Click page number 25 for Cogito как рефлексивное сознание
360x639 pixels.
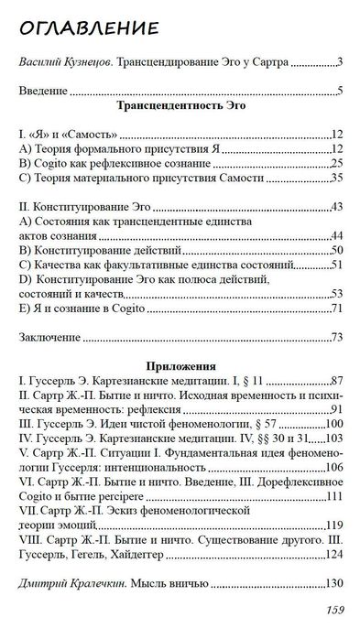coord(335,162)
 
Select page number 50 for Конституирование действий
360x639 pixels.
coord(335,250)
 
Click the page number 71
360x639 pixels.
coord(335,309)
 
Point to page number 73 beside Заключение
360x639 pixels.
coord(335,337)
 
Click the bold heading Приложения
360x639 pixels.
coord(180,363)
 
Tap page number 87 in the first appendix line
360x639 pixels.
coord(335,378)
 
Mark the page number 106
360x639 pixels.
coord(332,467)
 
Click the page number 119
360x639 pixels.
coord(332,525)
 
